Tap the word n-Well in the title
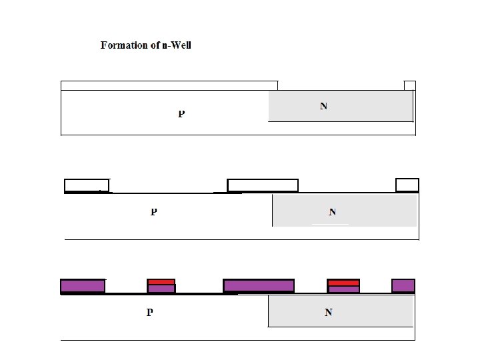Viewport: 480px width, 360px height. [x=177, y=45]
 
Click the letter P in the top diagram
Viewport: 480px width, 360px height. [x=181, y=114]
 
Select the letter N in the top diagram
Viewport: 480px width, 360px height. [x=323, y=106]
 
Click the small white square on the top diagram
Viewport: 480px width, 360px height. [x=410, y=85]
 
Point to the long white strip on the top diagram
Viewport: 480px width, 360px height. [x=169, y=85]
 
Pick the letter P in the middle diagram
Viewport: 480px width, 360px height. [x=153, y=212]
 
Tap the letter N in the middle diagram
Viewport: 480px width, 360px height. [x=332, y=213]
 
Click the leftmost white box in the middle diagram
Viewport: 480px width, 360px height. [x=87, y=185]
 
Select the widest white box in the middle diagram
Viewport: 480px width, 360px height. [x=263, y=185]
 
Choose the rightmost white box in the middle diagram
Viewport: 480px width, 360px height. [x=407, y=185]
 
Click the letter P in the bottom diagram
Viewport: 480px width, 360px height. [x=150, y=312]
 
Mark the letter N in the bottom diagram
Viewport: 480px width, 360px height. [x=328, y=312]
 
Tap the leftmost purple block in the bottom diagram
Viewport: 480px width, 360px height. [x=83, y=286]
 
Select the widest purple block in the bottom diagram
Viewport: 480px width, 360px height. [x=259, y=286]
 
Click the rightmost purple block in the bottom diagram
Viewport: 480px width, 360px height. [x=403, y=286]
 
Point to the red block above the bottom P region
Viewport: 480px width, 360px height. [x=161, y=282]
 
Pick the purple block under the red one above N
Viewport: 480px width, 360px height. [x=343, y=290]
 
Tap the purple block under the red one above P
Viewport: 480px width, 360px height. [x=161, y=289]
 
